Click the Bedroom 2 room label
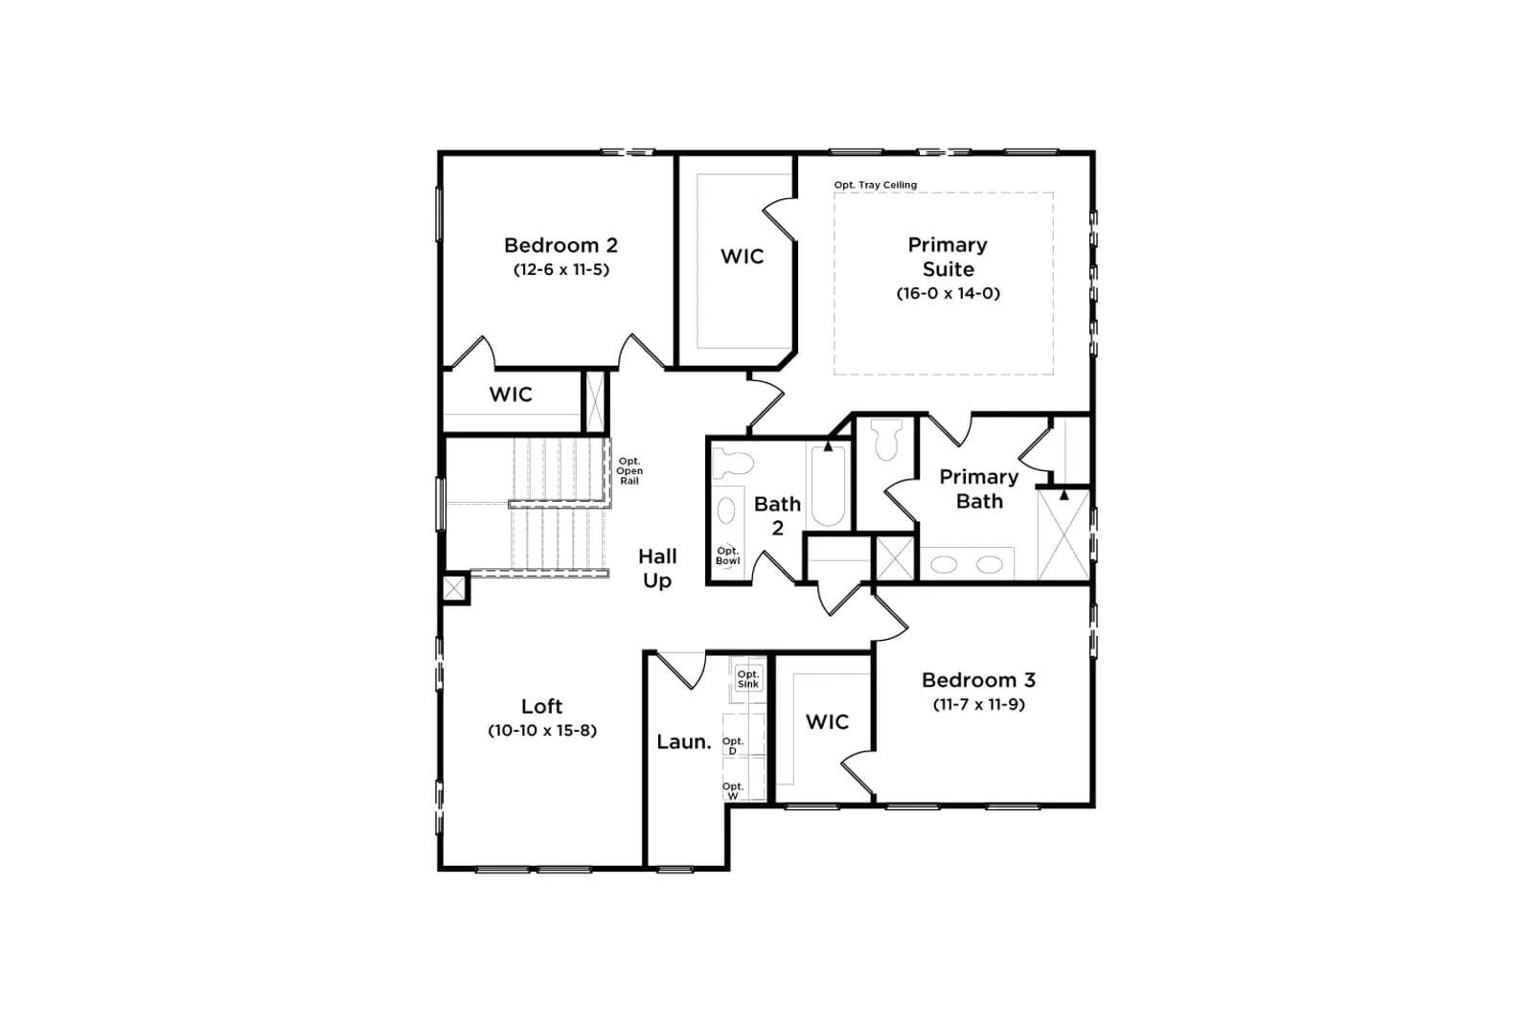pyautogui.click(x=561, y=245)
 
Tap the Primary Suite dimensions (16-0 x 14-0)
pyautogui.click(x=948, y=293)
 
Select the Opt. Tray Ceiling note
pyautogui.click(x=876, y=185)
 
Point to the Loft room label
pyautogui.click(x=541, y=706)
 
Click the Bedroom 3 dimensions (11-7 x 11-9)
pyautogui.click(x=978, y=705)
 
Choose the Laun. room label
pyautogui.click(x=684, y=742)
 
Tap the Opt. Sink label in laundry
pyautogui.click(x=748, y=679)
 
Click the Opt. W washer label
pyautogui.click(x=733, y=791)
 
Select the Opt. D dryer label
pyautogui.click(x=733, y=746)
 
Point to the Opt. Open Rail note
pyautogui.click(x=629, y=471)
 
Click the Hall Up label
pyautogui.click(x=657, y=568)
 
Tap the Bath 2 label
pyautogui.click(x=777, y=515)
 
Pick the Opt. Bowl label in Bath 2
pyautogui.click(x=727, y=556)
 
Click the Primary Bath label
pyautogui.click(x=978, y=489)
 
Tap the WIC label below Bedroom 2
pyautogui.click(x=511, y=395)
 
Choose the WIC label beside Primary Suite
pyautogui.click(x=742, y=257)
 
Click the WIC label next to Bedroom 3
pyautogui.click(x=827, y=721)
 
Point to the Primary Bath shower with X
pyautogui.click(x=1064, y=534)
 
